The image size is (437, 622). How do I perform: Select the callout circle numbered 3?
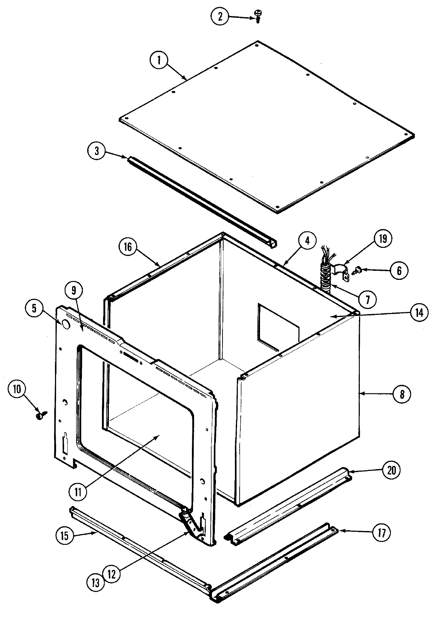(97, 151)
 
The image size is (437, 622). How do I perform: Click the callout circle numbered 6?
(399, 270)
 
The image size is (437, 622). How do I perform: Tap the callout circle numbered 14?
(420, 312)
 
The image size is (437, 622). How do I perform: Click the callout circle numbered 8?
(402, 394)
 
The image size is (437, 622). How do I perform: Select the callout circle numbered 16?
(128, 247)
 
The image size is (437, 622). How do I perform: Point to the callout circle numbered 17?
(381, 532)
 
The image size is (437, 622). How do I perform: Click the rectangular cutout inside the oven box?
(277, 324)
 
